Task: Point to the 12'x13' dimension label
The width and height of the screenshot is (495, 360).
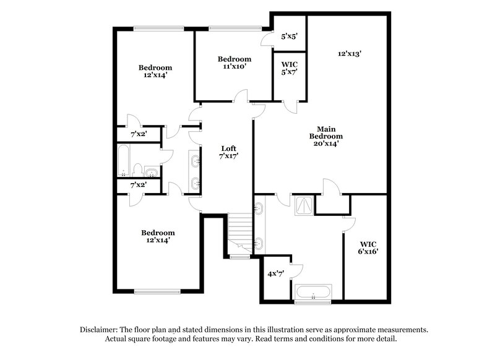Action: tap(350, 54)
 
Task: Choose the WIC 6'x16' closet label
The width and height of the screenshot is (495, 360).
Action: tap(368, 247)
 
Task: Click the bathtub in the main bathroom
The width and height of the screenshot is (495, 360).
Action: tap(314, 293)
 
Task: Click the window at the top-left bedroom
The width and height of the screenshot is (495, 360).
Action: tap(159, 27)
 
